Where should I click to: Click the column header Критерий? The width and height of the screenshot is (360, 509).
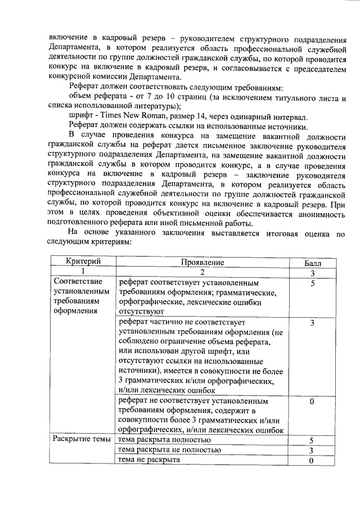pos(83,263)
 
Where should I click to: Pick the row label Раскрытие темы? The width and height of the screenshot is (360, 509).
pos(82,439)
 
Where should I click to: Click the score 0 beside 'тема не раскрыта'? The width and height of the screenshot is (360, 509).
pos(311,461)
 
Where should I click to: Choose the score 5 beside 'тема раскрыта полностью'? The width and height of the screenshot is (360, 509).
pos(311,440)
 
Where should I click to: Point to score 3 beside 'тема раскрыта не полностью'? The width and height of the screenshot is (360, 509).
pos(311,451)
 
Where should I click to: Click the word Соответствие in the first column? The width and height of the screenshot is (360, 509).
pos(78,282)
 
